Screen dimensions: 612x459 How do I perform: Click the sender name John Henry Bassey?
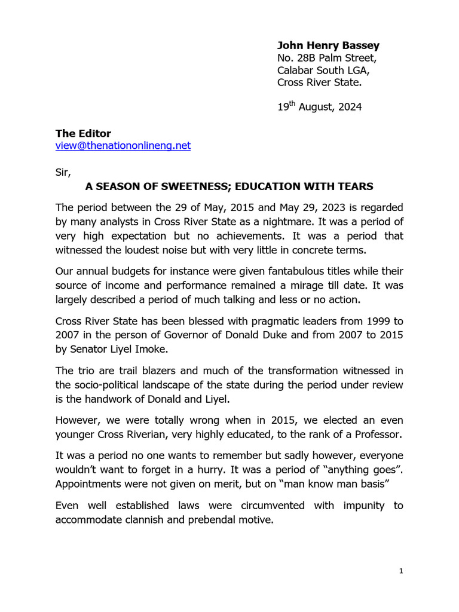click(328, 45)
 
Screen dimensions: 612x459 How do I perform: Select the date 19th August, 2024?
click(319, 108)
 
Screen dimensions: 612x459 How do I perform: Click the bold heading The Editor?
click(83, 133)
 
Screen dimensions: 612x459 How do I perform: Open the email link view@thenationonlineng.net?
click(123, 145)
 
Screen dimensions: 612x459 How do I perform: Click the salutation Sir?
click(63, 173)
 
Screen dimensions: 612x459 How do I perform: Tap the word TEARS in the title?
click(356, 186)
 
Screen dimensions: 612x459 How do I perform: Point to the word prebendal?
click(196, 519)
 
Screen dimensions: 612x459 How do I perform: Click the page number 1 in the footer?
click(402, 571)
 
